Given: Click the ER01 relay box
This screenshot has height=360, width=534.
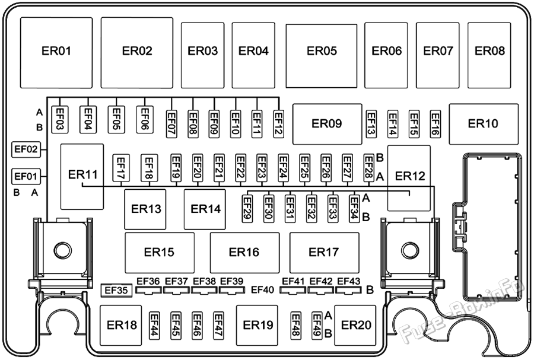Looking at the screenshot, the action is pos(56,53).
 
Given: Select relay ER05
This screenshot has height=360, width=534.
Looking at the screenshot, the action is pos(322,56).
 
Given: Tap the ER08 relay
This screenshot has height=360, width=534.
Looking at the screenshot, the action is pos(490,56).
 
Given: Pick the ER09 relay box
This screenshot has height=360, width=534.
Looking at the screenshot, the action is pos(327,124).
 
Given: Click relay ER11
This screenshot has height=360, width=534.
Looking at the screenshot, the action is pos(82,177).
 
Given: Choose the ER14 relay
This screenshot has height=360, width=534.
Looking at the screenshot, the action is pos(205,209).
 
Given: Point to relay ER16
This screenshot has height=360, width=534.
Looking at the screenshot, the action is pos(244,253).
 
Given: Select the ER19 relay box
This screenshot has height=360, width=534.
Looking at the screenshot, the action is pos(257,325).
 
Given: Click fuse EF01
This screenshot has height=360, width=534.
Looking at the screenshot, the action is pos(26,177).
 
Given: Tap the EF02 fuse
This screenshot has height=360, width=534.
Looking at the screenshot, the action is pos(26,149).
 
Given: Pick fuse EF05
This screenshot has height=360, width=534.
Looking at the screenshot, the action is pos(116,119).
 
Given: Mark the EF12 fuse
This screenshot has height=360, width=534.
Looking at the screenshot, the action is pos(279,124).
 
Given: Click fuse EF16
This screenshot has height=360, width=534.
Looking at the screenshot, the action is pos(436,124).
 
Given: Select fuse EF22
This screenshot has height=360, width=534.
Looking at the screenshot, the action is pos(240,167).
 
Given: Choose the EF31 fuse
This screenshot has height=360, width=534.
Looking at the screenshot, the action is pos(290,209).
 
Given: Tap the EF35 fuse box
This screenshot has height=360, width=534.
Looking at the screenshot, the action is pos(116,290).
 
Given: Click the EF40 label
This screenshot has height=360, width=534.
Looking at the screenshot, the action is pos(263,290).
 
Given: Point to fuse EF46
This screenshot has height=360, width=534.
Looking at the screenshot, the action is pos(197,325).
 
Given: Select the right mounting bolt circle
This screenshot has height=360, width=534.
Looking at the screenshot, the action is pos(410,251).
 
